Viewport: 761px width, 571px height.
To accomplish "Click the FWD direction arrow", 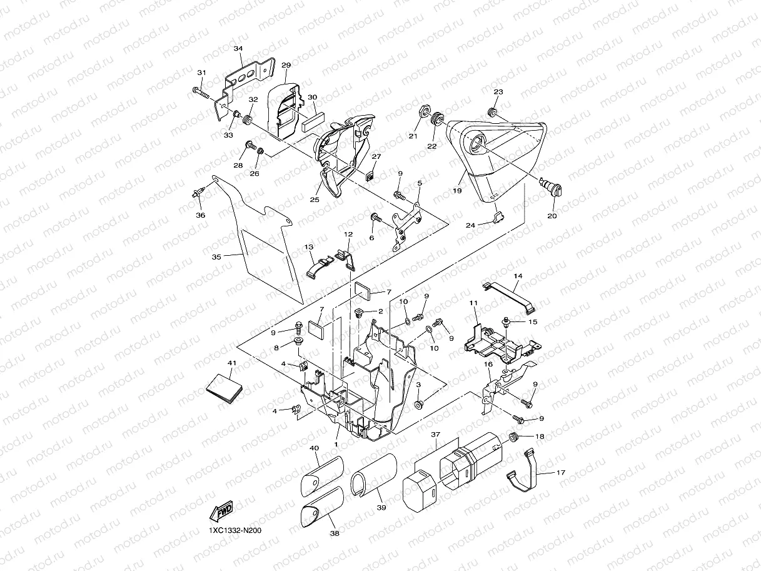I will [x=222, y=512].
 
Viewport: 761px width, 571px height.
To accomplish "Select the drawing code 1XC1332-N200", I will [x=235, y=530].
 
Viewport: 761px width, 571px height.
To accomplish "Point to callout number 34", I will [x=238, y=48].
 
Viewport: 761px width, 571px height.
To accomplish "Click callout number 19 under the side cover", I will [x=457, y=191].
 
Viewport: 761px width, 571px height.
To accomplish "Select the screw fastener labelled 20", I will [x=551, y=187].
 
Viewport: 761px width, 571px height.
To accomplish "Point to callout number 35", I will [x=216, y=256].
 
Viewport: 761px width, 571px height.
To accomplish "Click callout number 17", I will [x=560, y=473].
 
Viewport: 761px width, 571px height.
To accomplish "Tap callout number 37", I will [x=435, y=434].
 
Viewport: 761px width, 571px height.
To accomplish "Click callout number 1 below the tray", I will [x=336, y=443].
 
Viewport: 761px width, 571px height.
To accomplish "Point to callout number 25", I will [x=314, y=200].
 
